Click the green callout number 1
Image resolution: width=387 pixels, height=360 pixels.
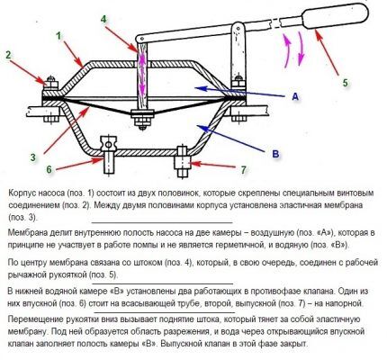coord(58,37)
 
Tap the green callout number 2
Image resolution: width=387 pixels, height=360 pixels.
coord(8,55)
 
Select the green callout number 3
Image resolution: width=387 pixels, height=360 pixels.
coord(33,157)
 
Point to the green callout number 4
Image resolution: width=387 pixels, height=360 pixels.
coord(103,19)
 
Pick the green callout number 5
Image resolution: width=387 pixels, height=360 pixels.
coord(346,82)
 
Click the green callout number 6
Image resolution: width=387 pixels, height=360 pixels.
coord(49,169)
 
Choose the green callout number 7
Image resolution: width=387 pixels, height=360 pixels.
coord(243,170)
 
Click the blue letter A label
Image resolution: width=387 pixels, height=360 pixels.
coord(295,96)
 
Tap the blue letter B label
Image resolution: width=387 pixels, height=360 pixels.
coord(275,154)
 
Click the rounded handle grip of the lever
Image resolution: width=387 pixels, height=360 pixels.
coord(336,15)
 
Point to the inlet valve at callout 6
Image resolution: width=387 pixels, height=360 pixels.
coord(108,155)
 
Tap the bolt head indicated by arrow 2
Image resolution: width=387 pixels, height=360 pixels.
coord(51,83)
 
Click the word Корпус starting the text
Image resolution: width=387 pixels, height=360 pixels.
coord(22,193)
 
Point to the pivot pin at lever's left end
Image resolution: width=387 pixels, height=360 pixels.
coord(139,40)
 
